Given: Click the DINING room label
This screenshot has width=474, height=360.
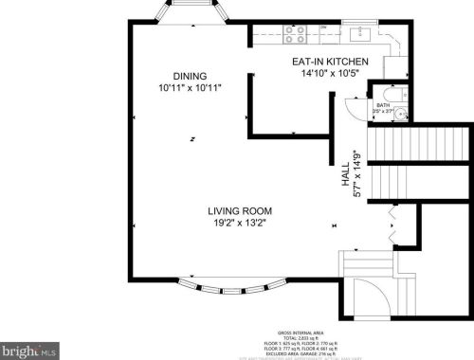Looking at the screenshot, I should click(190, 77).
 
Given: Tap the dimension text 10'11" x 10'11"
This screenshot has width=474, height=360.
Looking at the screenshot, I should click(190, 88).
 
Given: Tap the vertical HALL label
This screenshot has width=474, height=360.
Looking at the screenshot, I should click(346, 179).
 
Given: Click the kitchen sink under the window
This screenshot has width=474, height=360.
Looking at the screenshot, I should click(359, 35).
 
